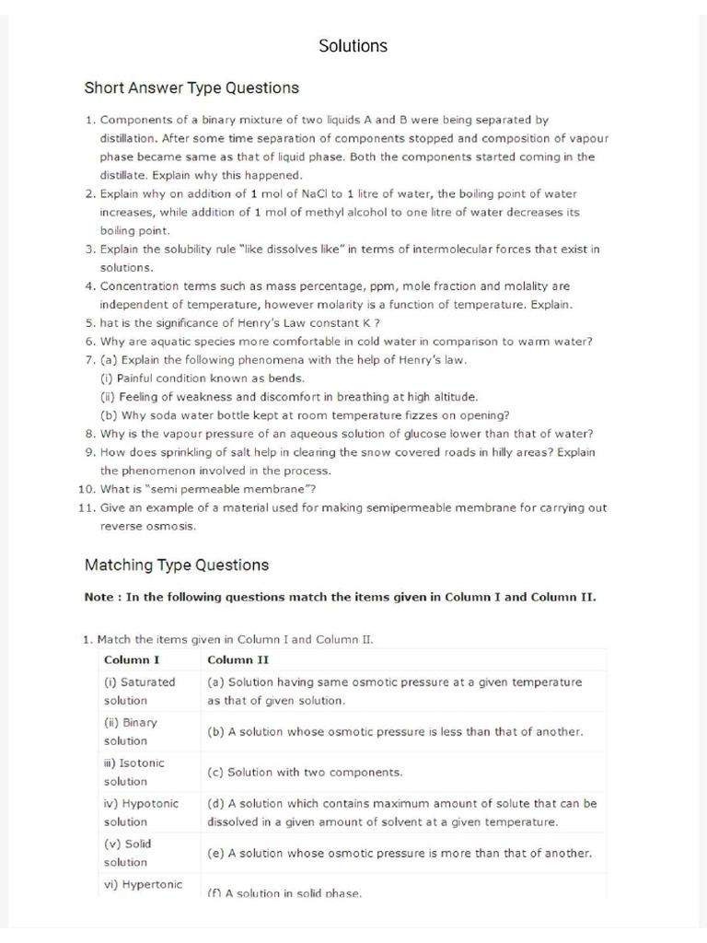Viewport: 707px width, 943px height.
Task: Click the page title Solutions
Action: tap(353, 46)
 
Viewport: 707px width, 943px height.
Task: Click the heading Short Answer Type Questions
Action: tap(191, 88)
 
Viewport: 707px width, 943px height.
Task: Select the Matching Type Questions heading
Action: tap(177, 565)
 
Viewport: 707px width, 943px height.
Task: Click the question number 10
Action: tap(87, 489)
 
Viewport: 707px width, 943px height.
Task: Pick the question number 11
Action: tap(87, 507)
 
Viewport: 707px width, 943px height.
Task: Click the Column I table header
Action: tap(132, 660)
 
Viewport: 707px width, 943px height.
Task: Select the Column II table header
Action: tap(238, 660)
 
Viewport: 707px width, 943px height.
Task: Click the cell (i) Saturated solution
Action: tap(139, 692)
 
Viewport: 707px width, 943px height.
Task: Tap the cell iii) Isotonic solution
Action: tap(133, 772)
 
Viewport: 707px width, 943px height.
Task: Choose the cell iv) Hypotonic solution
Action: tap(141, 812)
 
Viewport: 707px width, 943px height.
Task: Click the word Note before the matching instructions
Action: tap(99, 597)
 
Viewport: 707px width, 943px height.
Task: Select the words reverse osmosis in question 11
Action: tap(147, 526)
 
